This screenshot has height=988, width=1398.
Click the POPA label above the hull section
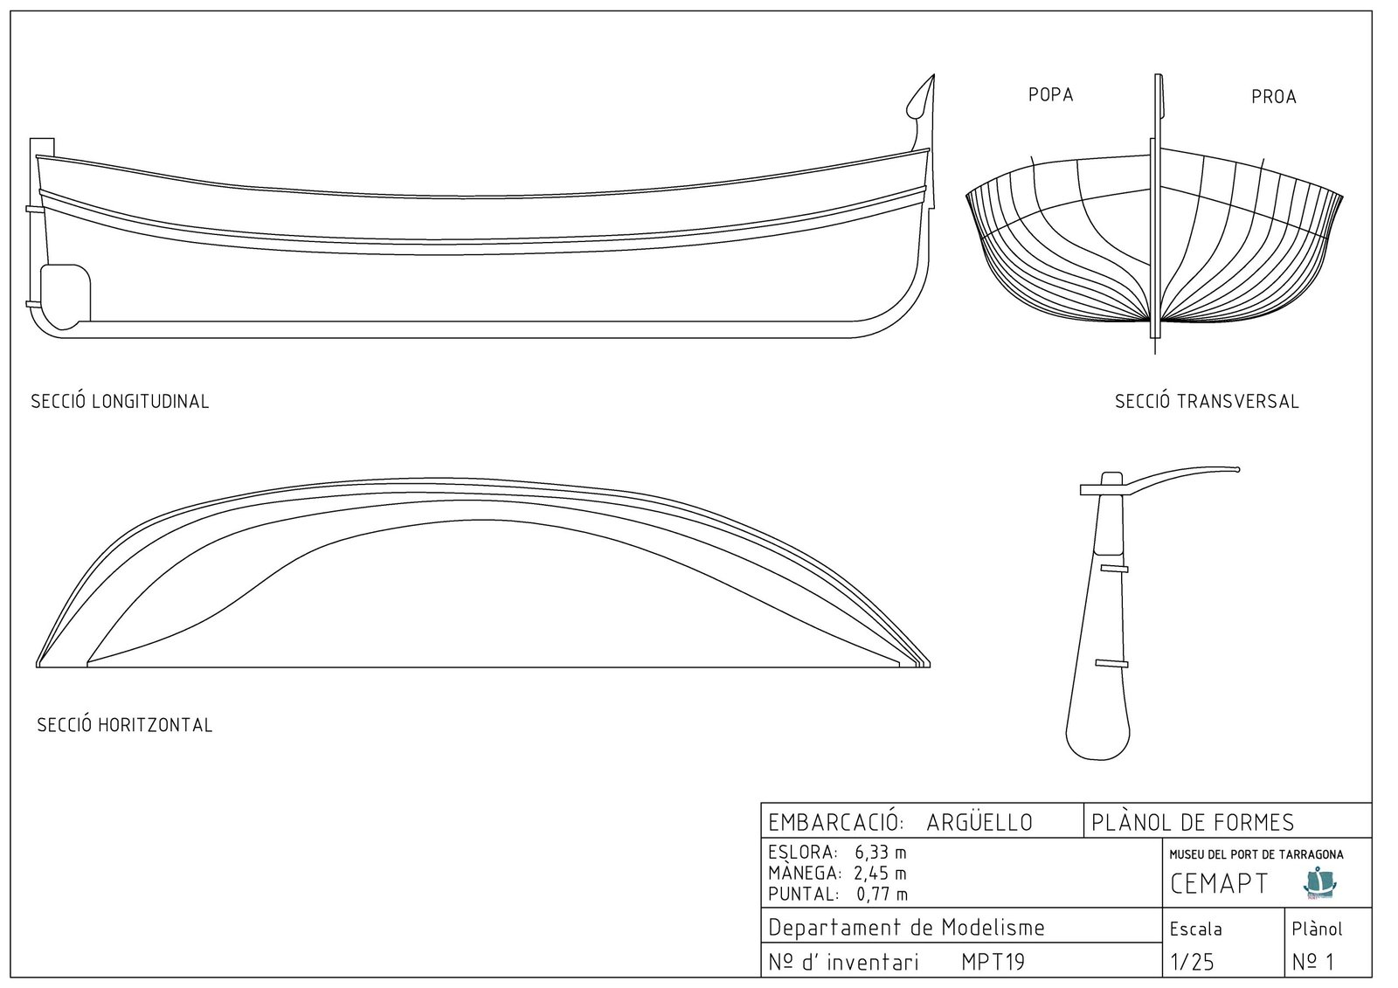click(1051, 95)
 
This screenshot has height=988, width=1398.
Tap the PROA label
click(1274, 97)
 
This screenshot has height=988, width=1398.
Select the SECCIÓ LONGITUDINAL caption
click(120, 401)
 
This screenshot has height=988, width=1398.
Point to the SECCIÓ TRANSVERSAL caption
click(1207, 401)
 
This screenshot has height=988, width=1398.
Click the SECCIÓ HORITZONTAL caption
click(125, 724)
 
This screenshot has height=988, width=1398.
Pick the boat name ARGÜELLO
click(979, 822)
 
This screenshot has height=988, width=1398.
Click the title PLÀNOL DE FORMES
click(1193, 823)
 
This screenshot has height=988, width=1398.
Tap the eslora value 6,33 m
click(881, 852)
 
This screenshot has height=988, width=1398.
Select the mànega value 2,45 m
click(880, 873)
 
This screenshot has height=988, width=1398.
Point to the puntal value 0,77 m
click(882, 894)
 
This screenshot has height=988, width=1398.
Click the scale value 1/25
click(1192, 962)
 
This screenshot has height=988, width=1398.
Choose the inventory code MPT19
click(993, 962)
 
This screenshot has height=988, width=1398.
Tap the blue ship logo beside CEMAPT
click(1320, 882)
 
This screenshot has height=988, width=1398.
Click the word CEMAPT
click(1219, 883)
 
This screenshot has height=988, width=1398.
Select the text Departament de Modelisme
click(906, 927)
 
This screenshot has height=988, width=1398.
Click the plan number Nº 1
click(1313, 962)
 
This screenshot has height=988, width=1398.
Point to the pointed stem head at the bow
click(934, 75)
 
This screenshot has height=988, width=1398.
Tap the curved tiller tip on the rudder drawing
click(1237, 469)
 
